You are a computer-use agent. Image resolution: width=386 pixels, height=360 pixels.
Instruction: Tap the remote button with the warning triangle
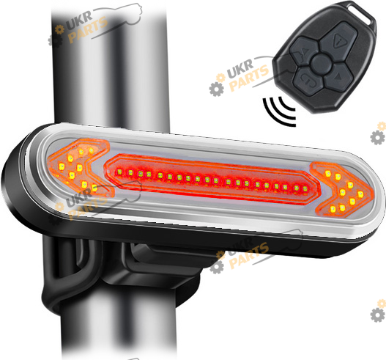[x=339, y=40]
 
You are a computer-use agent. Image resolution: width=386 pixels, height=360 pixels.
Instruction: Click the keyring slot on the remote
[x=362, y=14]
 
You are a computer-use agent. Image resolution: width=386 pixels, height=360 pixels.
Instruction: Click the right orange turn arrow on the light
[x=342, y=190]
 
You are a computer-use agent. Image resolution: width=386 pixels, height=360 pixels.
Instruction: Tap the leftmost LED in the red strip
[x=120, y=172]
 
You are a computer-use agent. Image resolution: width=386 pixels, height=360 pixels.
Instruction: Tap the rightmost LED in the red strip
[x=305, y=189]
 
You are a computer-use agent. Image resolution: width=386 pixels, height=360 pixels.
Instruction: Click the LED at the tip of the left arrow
[x=62, y=166]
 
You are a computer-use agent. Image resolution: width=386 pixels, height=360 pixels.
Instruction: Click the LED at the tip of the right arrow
[x=360, y=194]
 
